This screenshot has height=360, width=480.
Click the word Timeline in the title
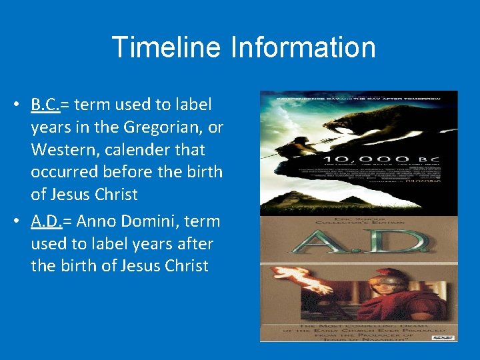(165, 47)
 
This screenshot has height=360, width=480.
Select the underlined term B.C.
(45, 105)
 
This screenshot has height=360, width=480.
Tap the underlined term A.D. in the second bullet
(46, 221)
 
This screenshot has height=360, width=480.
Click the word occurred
(63, 172)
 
